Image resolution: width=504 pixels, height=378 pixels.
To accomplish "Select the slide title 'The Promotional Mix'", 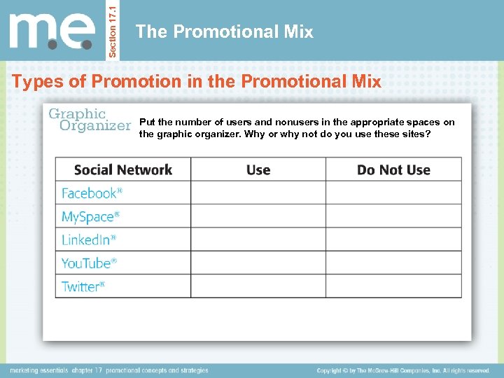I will (x=224, y=31).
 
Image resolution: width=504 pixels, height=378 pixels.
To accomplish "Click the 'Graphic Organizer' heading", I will (x=88, y=119).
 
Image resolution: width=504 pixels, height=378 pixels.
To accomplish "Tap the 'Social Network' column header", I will (x=122, y=169).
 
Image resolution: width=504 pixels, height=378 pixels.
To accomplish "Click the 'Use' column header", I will (x=258, y=169).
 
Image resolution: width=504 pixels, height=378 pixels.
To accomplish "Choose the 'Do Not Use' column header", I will (x=393, y=169).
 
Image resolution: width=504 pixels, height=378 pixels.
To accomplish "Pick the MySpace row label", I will (x=90, y=216).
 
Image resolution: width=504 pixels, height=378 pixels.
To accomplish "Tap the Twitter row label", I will (x=83, y=286).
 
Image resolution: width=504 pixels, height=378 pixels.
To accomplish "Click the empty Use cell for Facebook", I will (x=258, y=192).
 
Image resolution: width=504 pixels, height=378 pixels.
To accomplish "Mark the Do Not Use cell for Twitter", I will (x=393, y=286).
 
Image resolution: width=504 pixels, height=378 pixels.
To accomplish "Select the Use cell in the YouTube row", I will (x=258, y=263).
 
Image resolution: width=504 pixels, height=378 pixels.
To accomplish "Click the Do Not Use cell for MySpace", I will (x=393, y=216).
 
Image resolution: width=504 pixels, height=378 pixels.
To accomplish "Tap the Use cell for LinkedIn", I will (x=258, y=239).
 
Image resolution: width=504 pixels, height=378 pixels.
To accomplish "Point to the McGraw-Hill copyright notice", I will (x=403, y=370).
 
